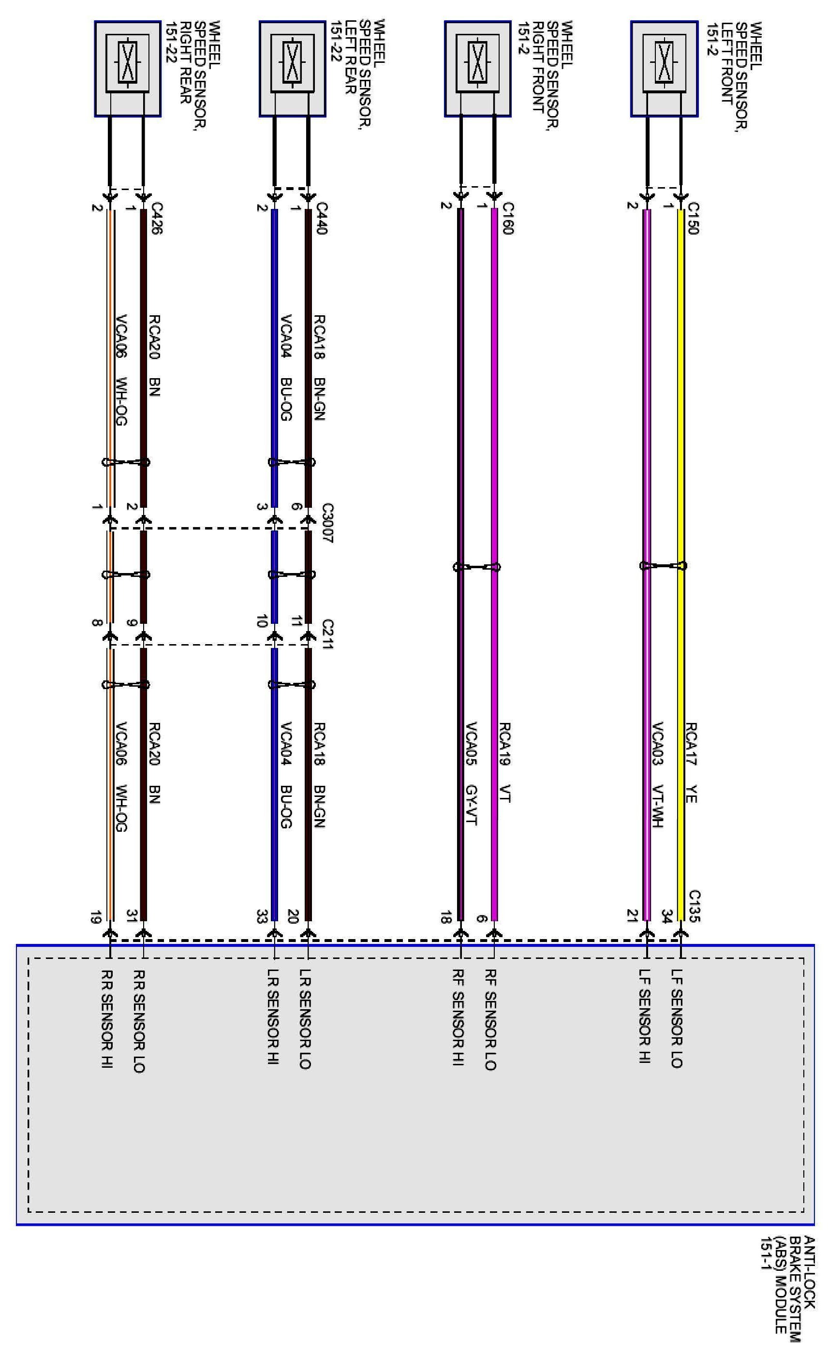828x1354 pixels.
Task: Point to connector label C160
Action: [x=507, y=219]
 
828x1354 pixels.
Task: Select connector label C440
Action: [x=322, y=219]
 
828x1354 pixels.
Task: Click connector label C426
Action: [x=157, y=219]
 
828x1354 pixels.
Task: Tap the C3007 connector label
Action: [x=327, y=523]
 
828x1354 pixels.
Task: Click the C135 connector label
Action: [x=694, y=906]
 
